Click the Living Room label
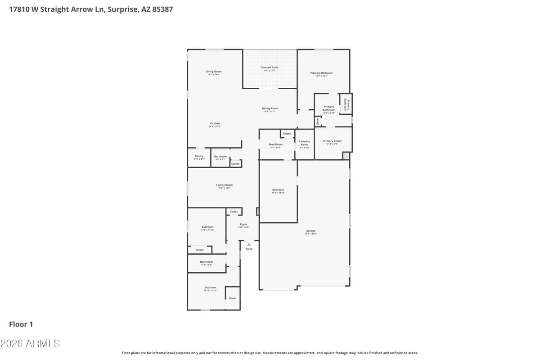coord(214,72)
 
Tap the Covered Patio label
coord(269,67)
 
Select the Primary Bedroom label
coord(321,73)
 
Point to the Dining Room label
coord(270,108)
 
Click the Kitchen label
coord(215,123)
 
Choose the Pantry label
coord(199,156)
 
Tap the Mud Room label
coord(275,144)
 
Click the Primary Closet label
coord(332,141)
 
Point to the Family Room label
coord(224,185)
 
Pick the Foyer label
coord(243,224)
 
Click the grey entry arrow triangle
coord(249,244)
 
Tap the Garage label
coord(310,231)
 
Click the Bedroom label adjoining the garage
coord(278,190)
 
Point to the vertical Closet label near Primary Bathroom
coord(318,121)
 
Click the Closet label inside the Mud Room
coord(287,134)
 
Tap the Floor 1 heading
coord(21,324)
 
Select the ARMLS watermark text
coord(30,344)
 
